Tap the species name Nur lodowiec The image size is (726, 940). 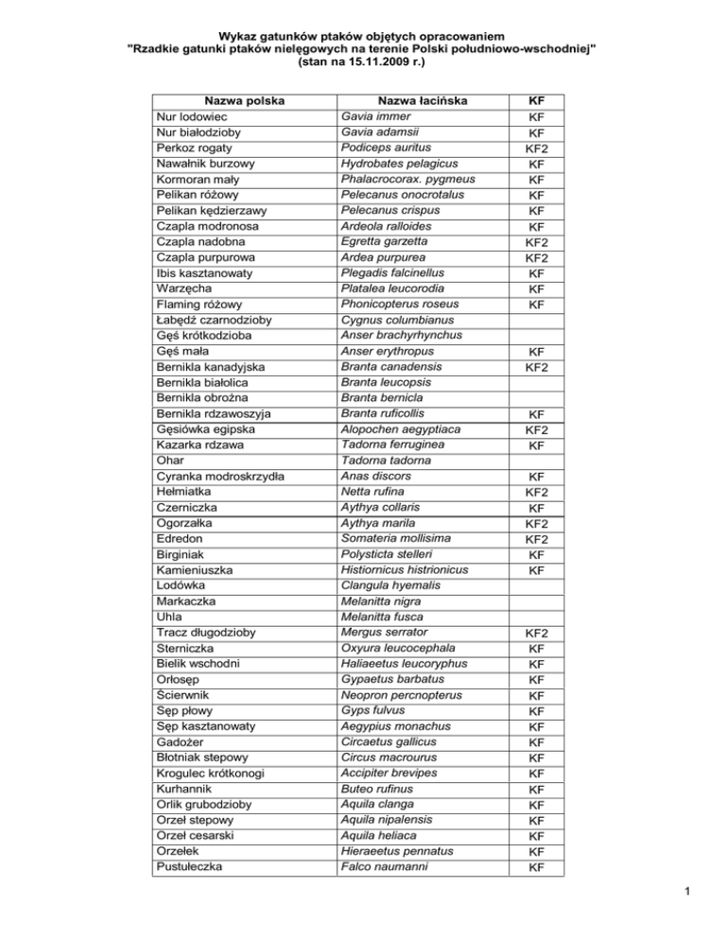(195, 116)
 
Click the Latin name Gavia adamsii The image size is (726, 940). (380, 132)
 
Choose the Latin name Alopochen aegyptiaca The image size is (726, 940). (406, 429)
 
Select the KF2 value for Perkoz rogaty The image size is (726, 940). (536, 148)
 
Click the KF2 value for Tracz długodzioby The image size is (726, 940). (536, 633)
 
